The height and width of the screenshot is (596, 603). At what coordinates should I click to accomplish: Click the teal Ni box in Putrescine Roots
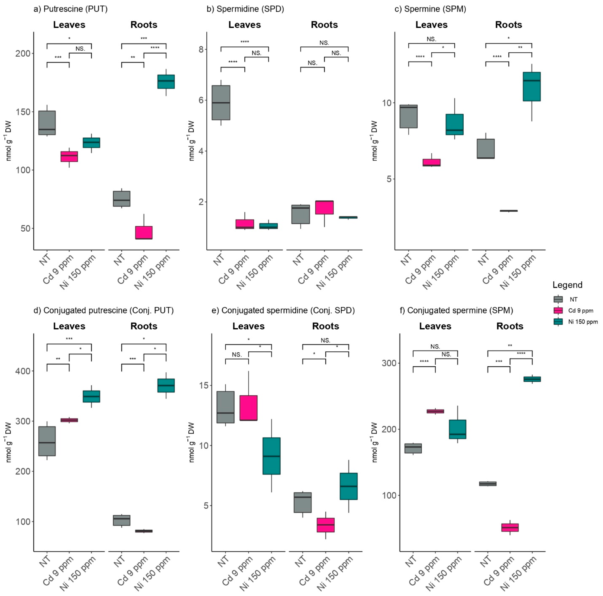tap(166, 82)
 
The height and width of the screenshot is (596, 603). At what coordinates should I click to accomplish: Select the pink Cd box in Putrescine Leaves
tap(69, 156)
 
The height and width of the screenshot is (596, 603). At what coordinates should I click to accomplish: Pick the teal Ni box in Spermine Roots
tap(531, 87)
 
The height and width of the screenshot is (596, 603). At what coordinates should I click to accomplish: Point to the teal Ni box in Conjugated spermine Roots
tap(532, 379)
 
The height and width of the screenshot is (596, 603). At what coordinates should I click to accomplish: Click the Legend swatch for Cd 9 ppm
tap(558, 310)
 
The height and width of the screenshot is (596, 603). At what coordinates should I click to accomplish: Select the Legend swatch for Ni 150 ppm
tap(558, 322)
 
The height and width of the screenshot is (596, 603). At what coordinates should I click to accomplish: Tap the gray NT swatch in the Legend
tap(558, 299)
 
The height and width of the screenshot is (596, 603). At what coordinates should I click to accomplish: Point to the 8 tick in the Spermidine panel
tap(201, 49)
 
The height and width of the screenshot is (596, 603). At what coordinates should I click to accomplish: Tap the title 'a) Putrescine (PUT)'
tap(70, 9)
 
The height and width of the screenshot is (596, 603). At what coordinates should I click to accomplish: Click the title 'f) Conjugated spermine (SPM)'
tap(456, 310)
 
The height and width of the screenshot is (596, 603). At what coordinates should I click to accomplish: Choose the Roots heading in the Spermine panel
tap(508, 25)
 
